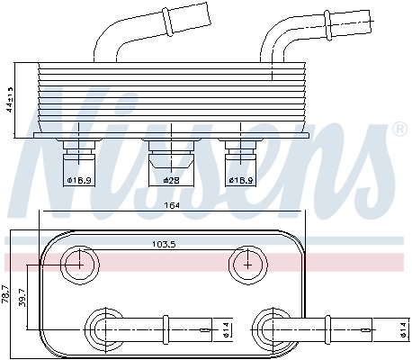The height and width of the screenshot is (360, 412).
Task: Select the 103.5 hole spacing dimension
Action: [x=164, y=243]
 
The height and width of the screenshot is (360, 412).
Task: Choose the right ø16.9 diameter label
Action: [x=241, y=180]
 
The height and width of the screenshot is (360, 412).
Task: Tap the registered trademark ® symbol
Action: [x=399, y=131]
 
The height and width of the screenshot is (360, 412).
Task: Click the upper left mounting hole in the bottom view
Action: [x=81, y=264]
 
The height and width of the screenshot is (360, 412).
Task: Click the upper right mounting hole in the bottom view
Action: [x=246, y=264]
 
